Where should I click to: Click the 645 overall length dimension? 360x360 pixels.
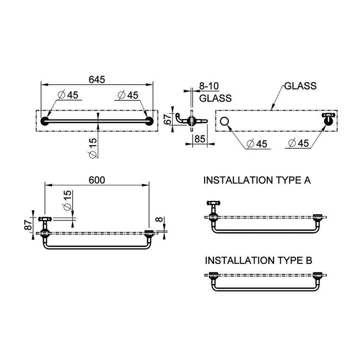pos(97,80)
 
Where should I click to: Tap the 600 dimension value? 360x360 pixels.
pos(97,180)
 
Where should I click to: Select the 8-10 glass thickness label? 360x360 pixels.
pos(209,86)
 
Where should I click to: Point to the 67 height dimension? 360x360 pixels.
pos(169,119)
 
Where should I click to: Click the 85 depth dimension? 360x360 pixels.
pos(199,139)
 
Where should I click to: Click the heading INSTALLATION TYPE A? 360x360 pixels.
pos(257,180)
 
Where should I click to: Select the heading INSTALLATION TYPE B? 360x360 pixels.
pos(258,260)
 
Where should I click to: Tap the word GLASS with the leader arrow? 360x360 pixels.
pos(300,86)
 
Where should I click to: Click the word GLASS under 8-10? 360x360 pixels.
pos(215,98)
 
